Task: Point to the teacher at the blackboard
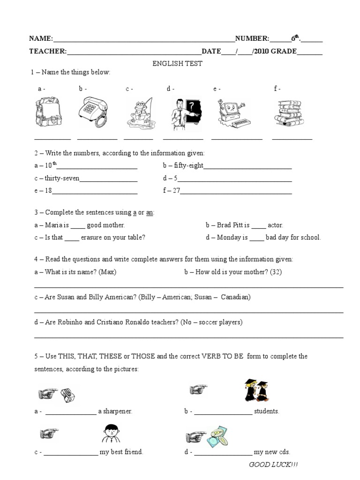click(185, 113)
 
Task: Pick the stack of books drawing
click(290, 112)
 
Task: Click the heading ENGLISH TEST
click(177, 63)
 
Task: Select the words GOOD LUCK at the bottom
click(273, 465)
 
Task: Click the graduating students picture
click(255, 390)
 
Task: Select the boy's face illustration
click(111, 433)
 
